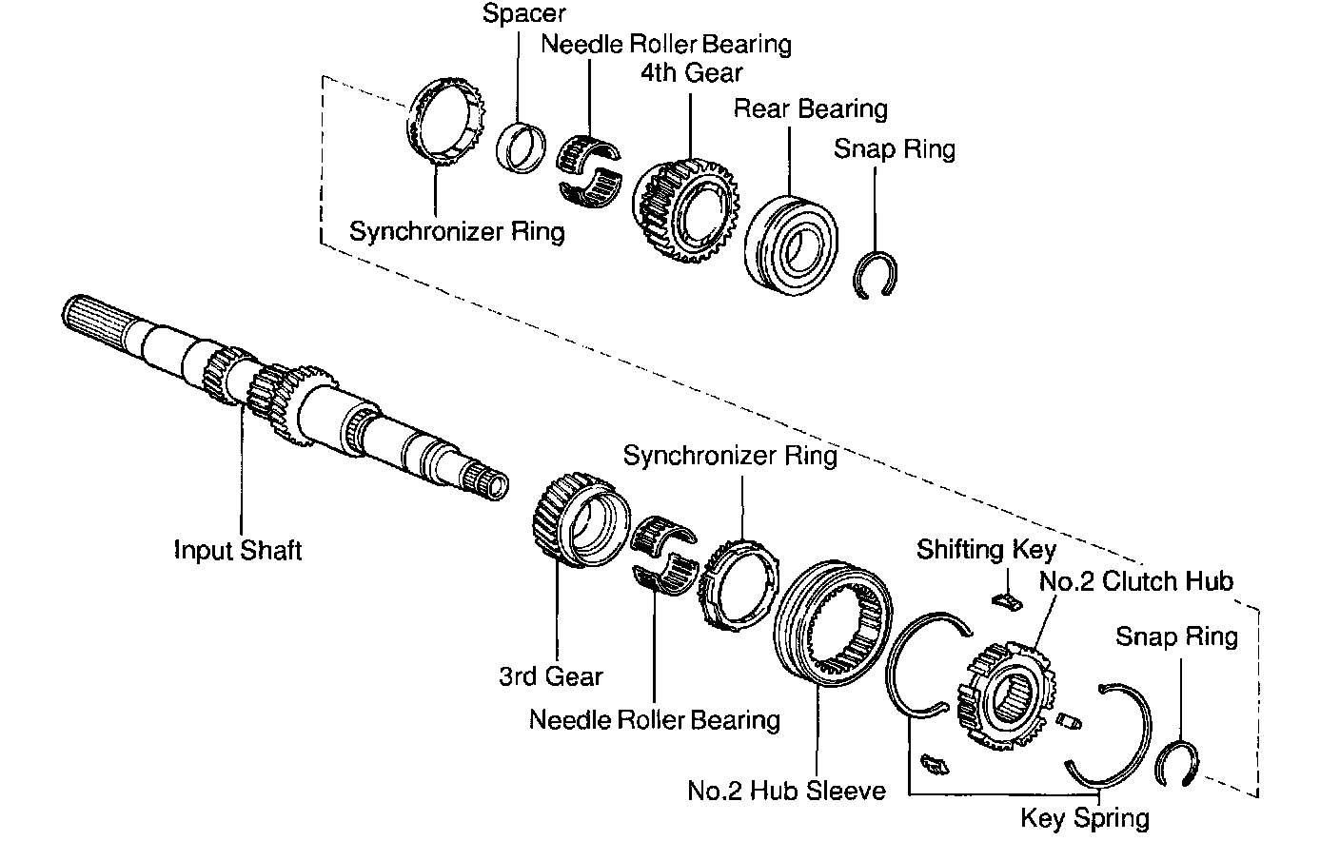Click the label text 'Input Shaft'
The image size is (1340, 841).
coord(238,550)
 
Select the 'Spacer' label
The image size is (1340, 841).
coord(523,13)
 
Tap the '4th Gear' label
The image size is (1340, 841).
coord(692,72)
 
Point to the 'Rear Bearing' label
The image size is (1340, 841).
coord(810,109)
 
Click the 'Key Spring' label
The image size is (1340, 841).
coord(1085,818)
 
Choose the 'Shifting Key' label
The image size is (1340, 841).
coord(986,549)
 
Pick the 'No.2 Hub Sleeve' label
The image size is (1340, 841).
coord(786,791)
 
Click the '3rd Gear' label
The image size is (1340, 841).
coord(551,676)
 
